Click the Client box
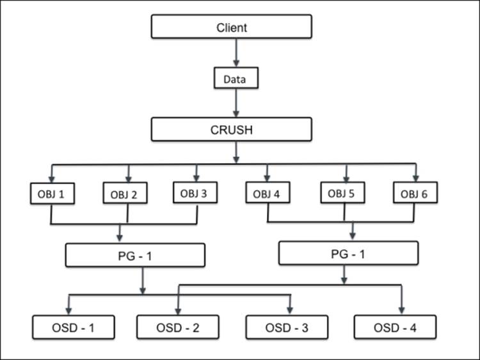(x=231, y=27)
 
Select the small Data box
(x=236, y=80)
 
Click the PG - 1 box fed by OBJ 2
(x=135, y=256)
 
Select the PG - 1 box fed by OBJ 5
(x=349, y=253)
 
